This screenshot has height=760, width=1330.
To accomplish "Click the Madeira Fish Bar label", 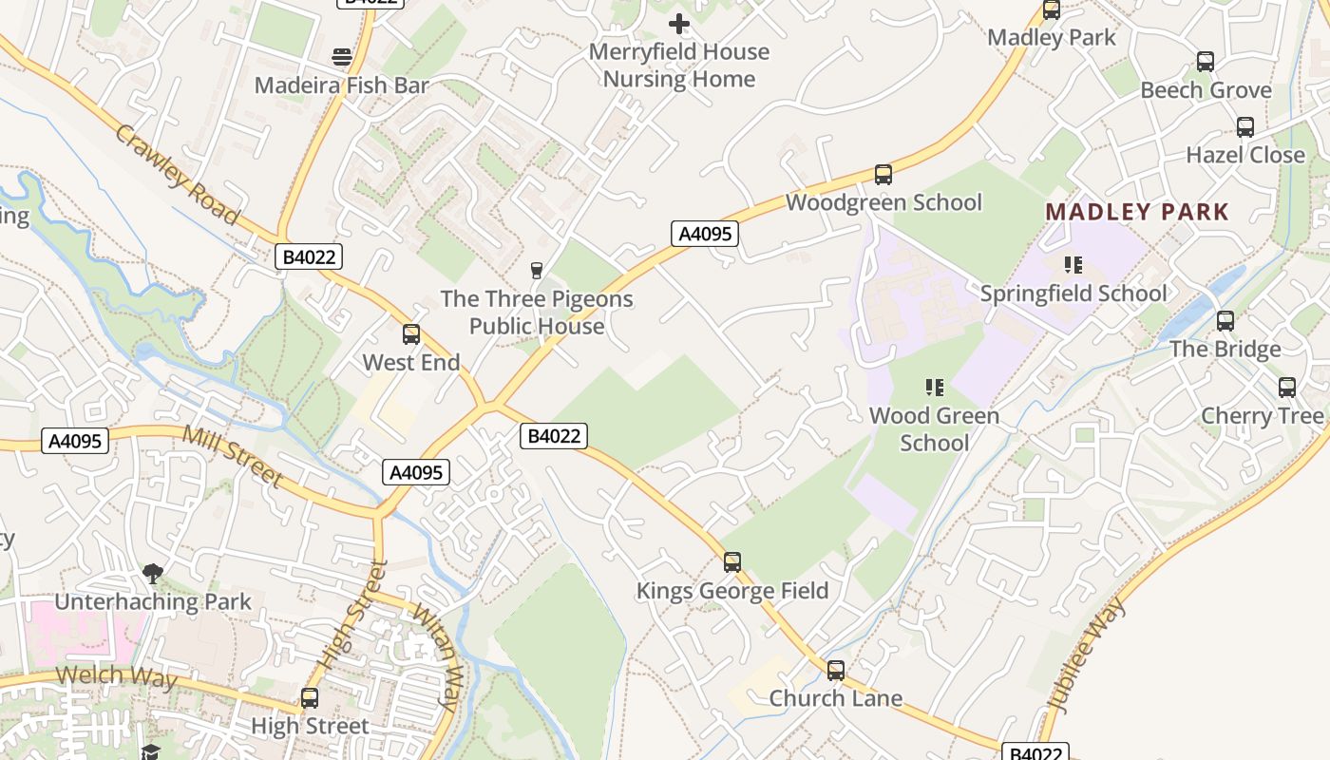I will click(x=342, y=85).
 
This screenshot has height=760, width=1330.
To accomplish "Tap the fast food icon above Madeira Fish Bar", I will click(x=342, y=57).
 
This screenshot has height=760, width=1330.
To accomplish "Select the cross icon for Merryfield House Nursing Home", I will click(x=679, y=24).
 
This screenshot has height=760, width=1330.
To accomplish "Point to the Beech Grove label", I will click(x=1206, y=90).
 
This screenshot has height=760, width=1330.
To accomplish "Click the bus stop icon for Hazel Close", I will click(x=1244, y=127).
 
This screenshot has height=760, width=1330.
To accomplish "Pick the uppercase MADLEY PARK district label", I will click(x=1137, y=212).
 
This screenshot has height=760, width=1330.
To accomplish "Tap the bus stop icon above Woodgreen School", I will click(x=883, y=175).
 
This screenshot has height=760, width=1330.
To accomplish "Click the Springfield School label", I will click(x=1073, y=294).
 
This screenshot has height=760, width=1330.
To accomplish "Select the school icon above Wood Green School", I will click(x=935, y=388).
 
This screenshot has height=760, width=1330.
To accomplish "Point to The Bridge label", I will click(x=1225, y=350).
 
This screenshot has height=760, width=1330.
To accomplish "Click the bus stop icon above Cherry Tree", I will click(x=1287, y=388).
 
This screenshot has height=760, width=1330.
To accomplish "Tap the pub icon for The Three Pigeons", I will click(x=537, y=271).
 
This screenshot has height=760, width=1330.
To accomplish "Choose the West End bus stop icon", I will click(x=411, y=334).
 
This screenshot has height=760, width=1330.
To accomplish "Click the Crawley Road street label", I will click(x=177, y=173).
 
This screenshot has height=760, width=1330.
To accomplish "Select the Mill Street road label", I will click(x=233, y=456).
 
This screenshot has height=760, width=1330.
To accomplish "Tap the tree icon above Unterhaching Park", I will click(x=152, y=573).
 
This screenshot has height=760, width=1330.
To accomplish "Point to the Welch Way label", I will click(x=116, y=677).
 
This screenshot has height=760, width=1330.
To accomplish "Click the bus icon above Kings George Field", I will click(x=731, y=562).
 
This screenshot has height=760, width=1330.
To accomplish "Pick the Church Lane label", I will click(x=835, y=698).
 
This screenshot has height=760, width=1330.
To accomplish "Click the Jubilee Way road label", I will click(x=1085, y=655).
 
